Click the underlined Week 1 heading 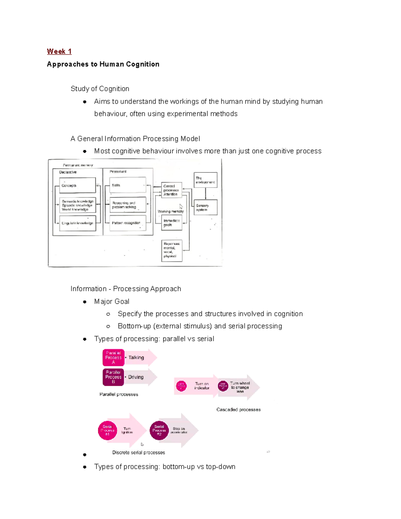coord(59,51)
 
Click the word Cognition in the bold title coord(143,64)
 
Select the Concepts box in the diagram coord(78,185)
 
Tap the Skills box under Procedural coord(128,185)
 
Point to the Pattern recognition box coord(128,223)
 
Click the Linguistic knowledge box coord(78,223)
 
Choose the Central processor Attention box coord(172,190)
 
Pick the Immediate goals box coord(172,223)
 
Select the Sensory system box coord(205,208)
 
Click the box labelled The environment coord(205,180)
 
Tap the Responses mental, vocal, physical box coord(172,250)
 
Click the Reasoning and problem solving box coord(128,205)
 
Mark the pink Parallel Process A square coord(113,358)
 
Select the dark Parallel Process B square coord(113,377)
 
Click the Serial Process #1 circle coord(107,430)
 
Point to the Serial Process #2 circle coord(159,430)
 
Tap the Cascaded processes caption coord(238,410)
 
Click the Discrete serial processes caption coord(138,452)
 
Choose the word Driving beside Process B coord(136,377)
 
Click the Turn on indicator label coord(202,386)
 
